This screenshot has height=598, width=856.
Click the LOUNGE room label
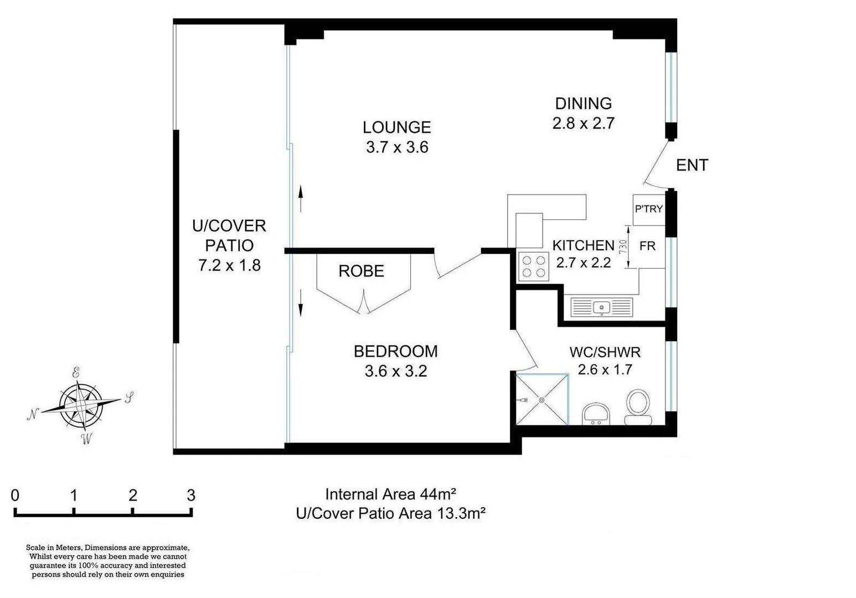396,127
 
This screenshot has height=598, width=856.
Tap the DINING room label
583,104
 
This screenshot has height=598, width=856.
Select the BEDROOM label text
395,351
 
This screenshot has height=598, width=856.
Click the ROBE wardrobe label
361,271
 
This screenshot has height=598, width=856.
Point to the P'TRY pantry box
648,209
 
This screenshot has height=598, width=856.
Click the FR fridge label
647,246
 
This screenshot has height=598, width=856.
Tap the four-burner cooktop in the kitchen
533,266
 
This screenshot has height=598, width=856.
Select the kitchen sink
601,307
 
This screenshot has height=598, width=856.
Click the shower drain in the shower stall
542,400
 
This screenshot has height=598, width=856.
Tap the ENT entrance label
692,165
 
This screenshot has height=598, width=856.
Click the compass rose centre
81,406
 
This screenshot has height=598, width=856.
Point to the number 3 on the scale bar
191,495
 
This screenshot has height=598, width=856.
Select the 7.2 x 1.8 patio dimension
229,265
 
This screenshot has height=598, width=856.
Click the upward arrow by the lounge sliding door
301,198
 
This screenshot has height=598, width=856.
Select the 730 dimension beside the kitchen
623,246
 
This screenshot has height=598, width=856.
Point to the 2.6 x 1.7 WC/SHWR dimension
605,369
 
